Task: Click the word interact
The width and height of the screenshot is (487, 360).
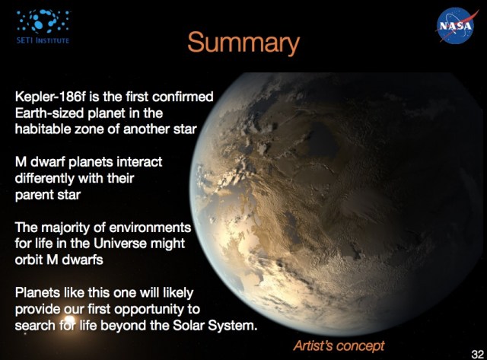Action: (139, 163)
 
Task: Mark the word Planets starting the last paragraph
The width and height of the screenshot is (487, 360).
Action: (38, 294)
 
